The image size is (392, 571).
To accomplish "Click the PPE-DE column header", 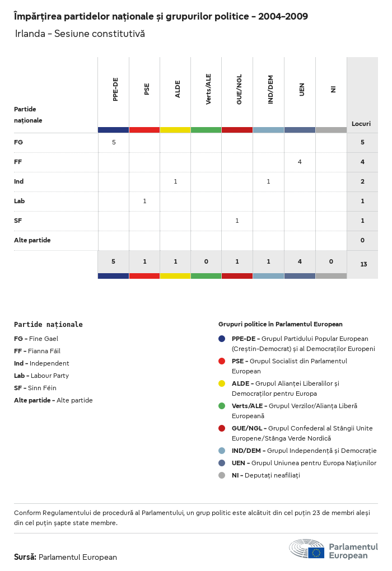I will [x=115, y=90].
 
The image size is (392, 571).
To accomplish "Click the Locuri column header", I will [x=361, y=124].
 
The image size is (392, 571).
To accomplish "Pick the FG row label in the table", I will [x=18, y=142].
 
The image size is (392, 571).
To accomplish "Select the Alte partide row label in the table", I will [x=32, y=240].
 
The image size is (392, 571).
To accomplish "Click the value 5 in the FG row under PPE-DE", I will [x=114, y=142].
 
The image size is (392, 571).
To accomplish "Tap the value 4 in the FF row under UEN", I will [x=300, y=162].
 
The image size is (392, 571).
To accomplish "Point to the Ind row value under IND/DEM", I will [x=268, y=181].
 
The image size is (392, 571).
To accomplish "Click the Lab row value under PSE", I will [x=144, y=201].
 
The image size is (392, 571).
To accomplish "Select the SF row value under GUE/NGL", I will [x=237, y=221].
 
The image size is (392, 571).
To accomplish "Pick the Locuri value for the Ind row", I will [x=362, y=181].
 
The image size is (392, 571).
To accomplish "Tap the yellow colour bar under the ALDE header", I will [x=175, y=130].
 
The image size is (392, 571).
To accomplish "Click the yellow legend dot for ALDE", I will [x=222, y=383].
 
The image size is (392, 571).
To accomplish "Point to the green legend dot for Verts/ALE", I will [x=222, y=406].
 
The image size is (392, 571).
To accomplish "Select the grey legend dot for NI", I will [x=222, y=475].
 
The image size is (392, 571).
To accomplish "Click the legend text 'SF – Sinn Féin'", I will [x=35, y=388].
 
